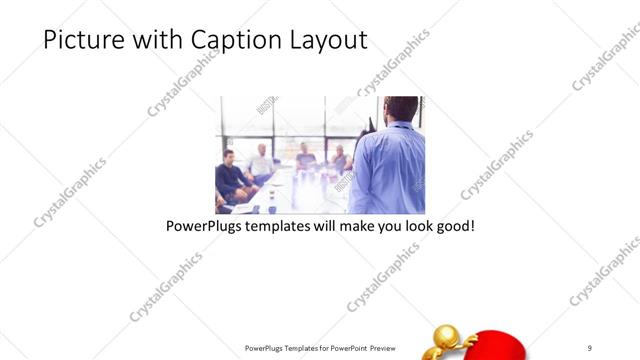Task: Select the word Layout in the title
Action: tap(324, 40)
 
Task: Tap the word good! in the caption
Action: tap(453, 226)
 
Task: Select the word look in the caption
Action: tap(412, 226)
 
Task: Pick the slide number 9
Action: tap(590, 347)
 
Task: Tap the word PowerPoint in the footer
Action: tap(342, 347)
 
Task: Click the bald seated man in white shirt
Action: tap(261, 162)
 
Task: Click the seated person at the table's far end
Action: tap(306, 156)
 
